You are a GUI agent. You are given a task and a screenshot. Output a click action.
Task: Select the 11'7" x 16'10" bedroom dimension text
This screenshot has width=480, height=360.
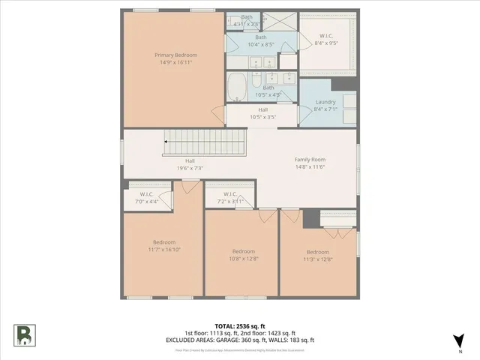164,249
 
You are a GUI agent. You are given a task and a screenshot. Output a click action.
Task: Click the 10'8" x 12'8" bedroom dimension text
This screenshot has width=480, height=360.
243,258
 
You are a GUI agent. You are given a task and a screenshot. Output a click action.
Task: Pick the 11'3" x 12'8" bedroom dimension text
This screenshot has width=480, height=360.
317,259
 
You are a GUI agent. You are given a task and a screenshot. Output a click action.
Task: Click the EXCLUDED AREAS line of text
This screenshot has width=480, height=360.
239,340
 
